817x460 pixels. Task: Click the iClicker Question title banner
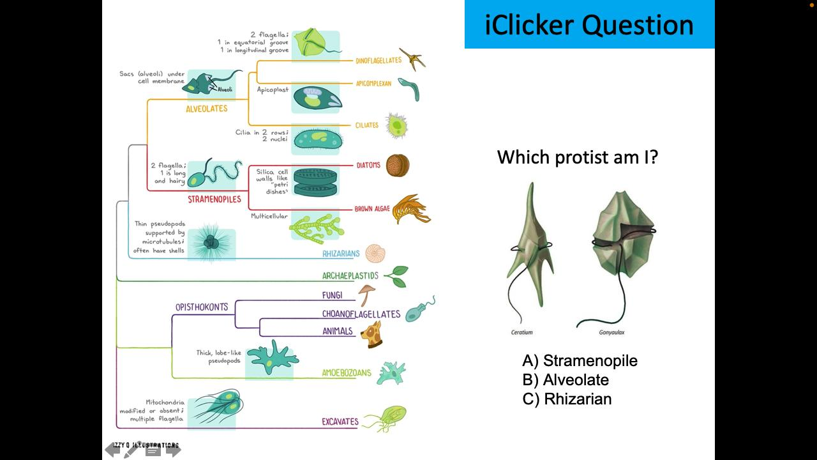pos(589,24)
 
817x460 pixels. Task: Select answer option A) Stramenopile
pos(580,361)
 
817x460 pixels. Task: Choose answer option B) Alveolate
pos(566,380)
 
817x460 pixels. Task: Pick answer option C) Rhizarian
pos(567,399)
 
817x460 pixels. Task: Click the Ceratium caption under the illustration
pos(521,332)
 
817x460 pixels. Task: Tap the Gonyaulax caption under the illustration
pos(611,332)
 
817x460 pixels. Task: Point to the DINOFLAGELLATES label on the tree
pos(379,61)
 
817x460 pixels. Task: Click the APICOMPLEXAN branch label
pos(373,84)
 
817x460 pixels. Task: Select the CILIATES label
pos(367,125)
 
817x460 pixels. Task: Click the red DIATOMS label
pos(368,165)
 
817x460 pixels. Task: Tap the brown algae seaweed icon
pos(410,209)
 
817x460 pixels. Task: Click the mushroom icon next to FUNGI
pos(366,295)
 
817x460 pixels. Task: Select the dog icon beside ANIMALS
pos(371,333)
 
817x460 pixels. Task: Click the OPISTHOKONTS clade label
pos(202,307)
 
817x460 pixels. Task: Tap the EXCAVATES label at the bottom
pos(340,422)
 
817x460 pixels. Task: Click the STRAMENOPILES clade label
pos(214,199)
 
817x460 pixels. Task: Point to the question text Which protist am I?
pos(577,157)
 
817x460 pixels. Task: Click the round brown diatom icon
pos(397,166)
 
